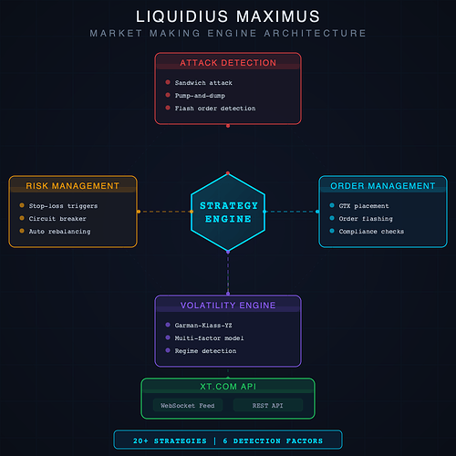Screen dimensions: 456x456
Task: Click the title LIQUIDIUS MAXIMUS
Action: [227, 16]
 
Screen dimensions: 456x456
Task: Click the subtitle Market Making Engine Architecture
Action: [227, 34]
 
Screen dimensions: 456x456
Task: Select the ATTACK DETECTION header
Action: [227, 63]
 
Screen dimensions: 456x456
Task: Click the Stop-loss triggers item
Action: [63, 206]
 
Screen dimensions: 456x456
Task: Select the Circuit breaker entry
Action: [59, 219]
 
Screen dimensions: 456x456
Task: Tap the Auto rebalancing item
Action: [59, 232]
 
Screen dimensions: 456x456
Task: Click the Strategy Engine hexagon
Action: [227, 212]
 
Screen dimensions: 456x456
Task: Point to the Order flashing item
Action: [366, 219]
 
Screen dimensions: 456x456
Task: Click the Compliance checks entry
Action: [372, 232]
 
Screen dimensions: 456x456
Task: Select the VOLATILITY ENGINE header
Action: [227, 306]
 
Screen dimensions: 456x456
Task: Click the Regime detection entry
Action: [205, 350]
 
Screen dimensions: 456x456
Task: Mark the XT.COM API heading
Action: [227, 387]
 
